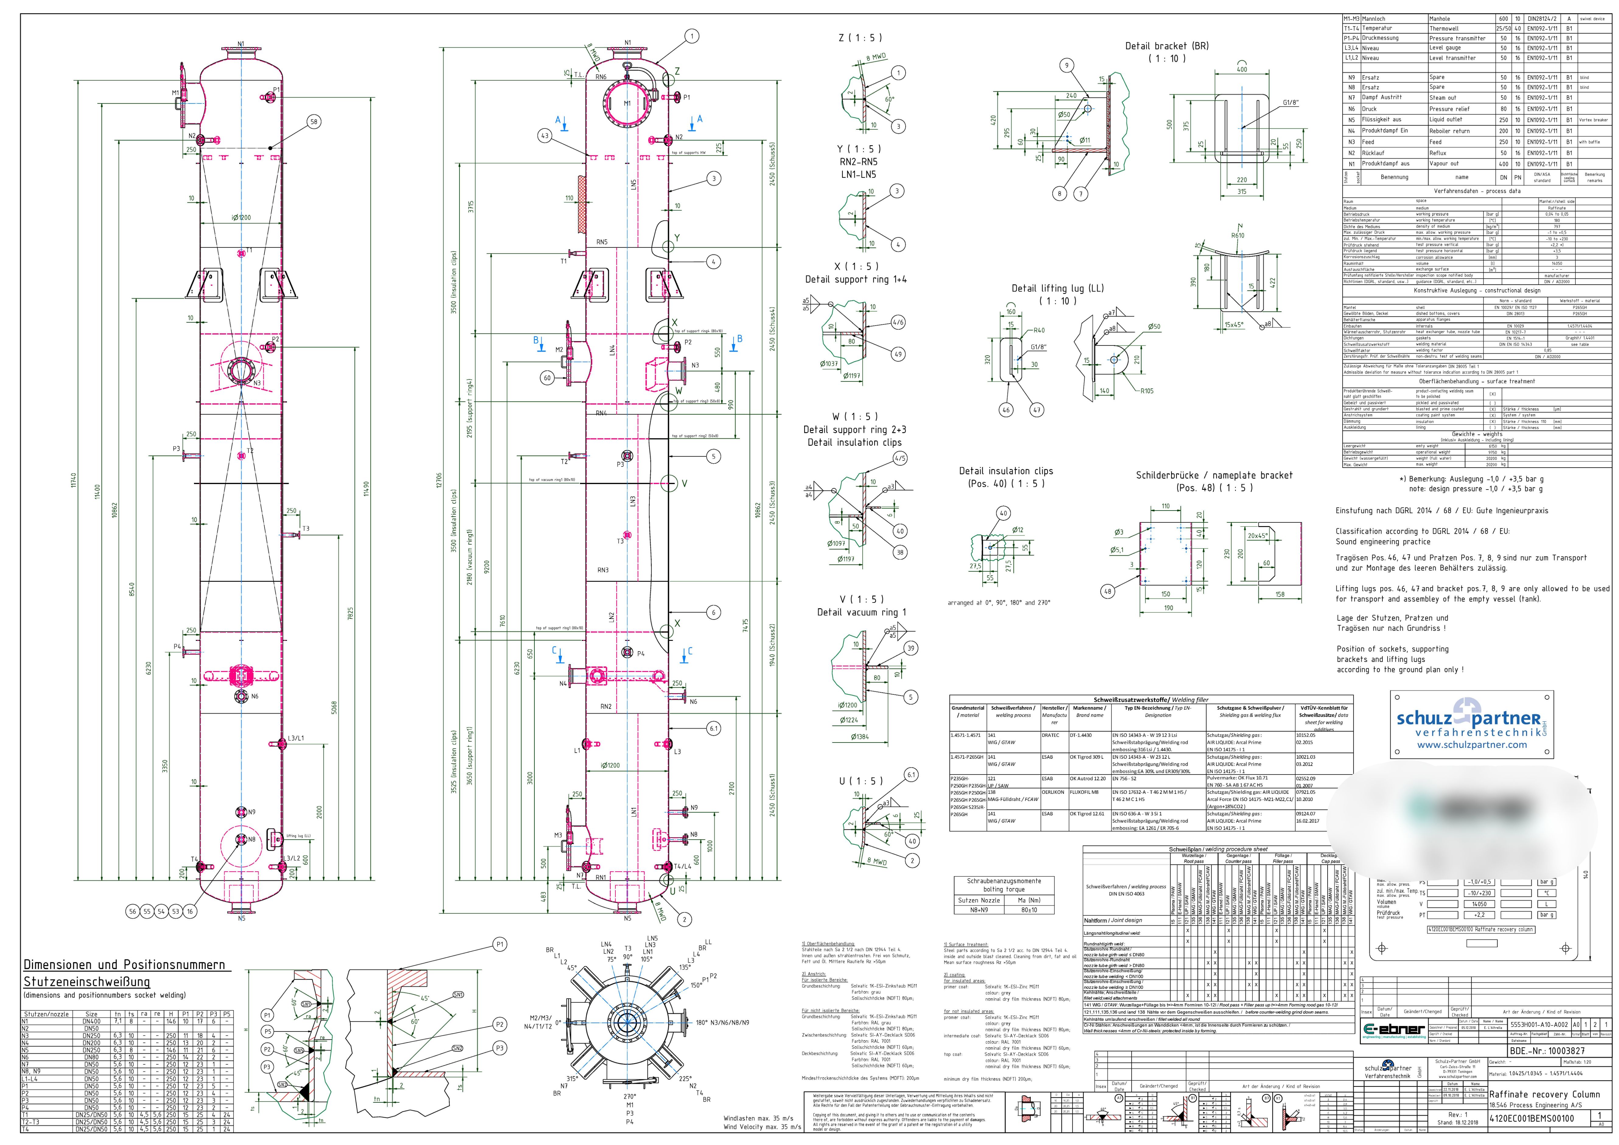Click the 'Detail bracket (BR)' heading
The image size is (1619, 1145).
[x=1166, y=46]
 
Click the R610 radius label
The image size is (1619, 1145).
[x=1237, y=236]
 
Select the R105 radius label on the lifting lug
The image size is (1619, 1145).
[x=1147, y=391]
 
